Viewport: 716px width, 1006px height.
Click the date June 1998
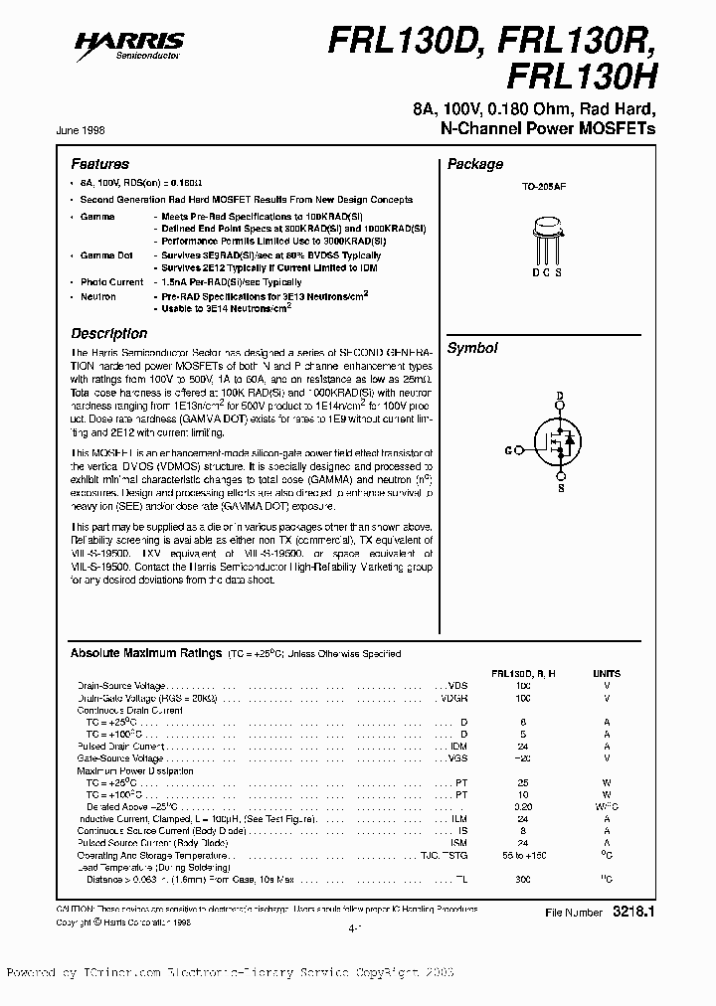92,130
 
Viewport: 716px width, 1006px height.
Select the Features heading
99,164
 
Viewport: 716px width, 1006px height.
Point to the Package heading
474,164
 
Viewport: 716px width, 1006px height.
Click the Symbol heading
471,348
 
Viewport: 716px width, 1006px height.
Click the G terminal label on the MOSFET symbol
508,450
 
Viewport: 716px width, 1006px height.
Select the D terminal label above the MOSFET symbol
559,397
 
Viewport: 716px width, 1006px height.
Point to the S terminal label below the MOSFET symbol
559,489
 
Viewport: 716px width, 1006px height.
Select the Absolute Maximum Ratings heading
145,653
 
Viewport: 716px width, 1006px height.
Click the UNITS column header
606,673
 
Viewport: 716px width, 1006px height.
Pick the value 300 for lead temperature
523,880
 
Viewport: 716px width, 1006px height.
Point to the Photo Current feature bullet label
111,282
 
